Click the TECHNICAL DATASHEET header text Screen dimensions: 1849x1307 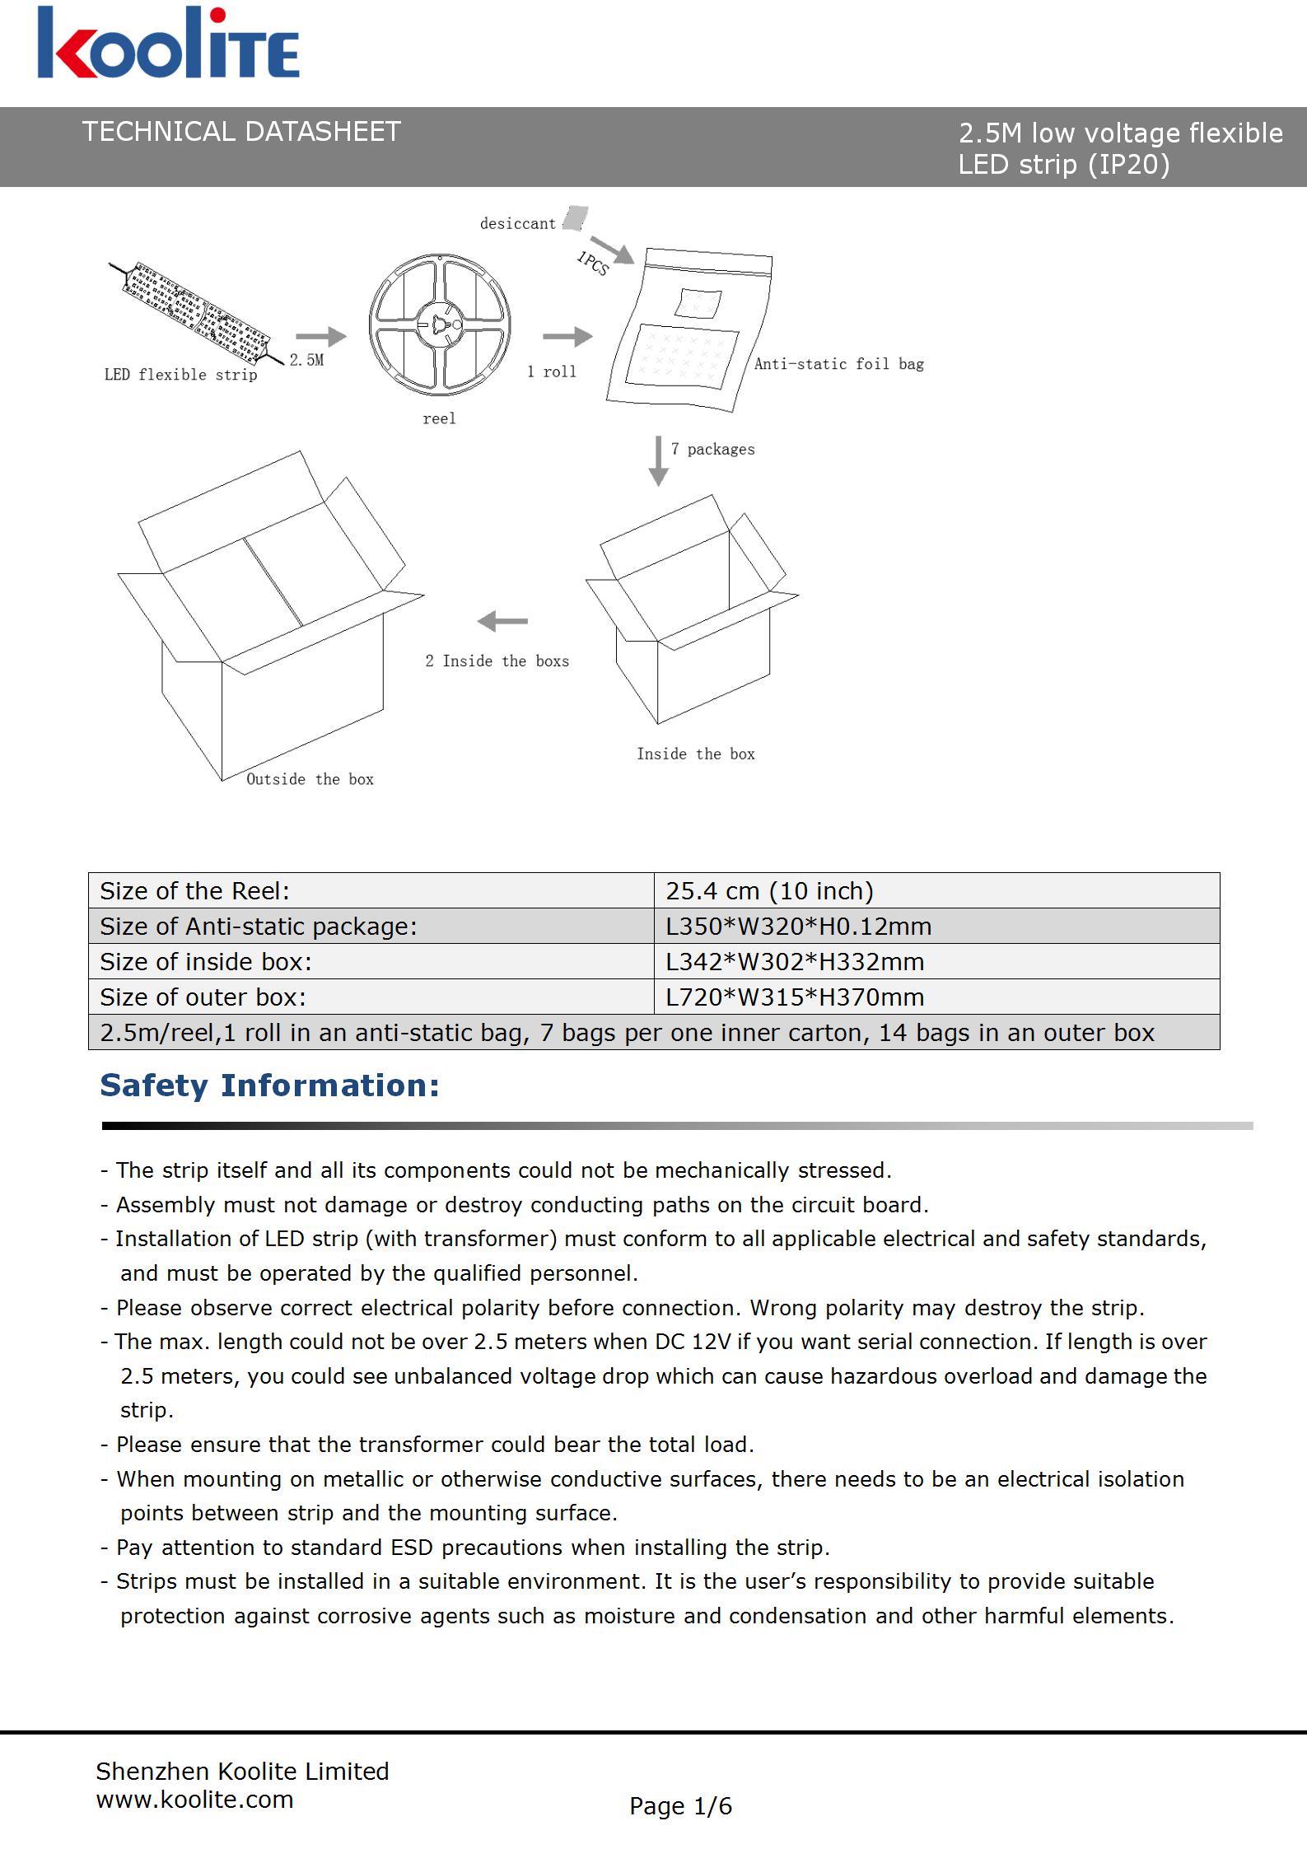(x=240, y=132)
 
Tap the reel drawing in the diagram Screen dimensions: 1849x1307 (x=440, y=325)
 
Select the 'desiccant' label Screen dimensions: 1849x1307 (x=517, y=223)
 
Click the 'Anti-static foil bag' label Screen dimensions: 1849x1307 (x=838, y=364)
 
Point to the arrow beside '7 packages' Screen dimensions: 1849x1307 (x=658, y=460)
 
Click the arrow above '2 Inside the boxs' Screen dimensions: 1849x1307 (x=502, y=621)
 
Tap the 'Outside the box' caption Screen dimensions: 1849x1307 (x=310, y=779)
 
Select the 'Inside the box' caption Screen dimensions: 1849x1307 (x=695, y=754)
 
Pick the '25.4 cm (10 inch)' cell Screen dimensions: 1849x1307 (x=769, y=891)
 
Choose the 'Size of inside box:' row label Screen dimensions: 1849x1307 (x=206, y=962)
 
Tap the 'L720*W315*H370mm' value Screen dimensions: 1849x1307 (x=795, y=997)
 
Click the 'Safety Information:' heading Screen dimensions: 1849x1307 (x=269, y=1086)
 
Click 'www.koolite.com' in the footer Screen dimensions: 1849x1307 (x=194, y=1800)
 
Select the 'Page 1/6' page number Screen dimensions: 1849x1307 (x=680, y=1807)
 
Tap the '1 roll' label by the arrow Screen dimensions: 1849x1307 (x=552, y=371)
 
